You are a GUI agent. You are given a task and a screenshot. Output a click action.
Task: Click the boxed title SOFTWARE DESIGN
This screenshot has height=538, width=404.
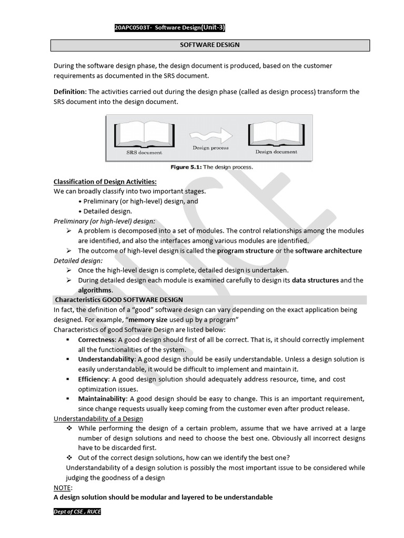pyautogui.click(x=210, y=45)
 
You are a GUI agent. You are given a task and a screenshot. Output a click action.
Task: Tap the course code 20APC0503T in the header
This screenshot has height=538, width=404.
pyautogui.click(x=132, y=28)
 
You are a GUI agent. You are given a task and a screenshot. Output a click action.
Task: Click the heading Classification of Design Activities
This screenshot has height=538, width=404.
pyautogui.click(x=105, y=182)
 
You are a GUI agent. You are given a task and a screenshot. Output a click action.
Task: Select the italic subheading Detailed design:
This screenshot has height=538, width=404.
pyautogui.click(x=78, y=261)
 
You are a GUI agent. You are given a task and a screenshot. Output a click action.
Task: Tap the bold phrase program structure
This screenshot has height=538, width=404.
pyautogui.click(x=245, y=251)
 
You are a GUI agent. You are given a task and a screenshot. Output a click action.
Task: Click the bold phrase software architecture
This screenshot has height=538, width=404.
pyautogui.click(x=328, y=251)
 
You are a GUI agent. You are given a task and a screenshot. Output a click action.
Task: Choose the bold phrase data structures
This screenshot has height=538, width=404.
pyautogui.click(x=315, y=280)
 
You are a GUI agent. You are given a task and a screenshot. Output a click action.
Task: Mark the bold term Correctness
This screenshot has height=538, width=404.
pyautogui.click(x=96, y=340)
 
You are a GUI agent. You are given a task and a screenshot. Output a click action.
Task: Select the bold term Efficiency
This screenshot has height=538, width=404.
pyautogui.click(x=94, y=379)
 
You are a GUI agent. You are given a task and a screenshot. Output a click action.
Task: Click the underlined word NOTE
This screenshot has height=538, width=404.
pyautogui.click(x=63, y=488)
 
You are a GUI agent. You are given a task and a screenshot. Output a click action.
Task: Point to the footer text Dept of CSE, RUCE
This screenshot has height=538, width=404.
pyautogui.click(x=77, y=512)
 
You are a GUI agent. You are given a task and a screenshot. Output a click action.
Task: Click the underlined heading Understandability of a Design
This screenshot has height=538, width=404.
pyautogui.click(x=98, y=418)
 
